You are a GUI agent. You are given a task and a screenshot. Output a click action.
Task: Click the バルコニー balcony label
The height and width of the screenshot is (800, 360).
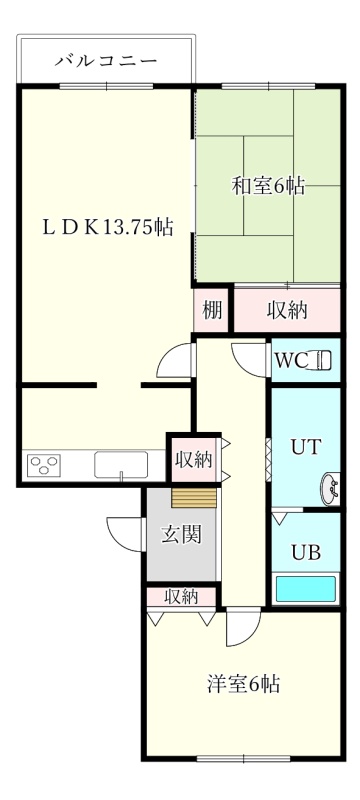[x=106, y=62]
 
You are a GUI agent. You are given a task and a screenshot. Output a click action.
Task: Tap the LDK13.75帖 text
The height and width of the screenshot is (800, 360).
[x=107, y=227]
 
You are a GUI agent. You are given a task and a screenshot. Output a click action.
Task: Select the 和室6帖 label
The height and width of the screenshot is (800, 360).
[x=269, y=186]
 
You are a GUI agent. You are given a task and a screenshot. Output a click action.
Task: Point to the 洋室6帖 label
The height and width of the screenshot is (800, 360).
[x=244, y=684]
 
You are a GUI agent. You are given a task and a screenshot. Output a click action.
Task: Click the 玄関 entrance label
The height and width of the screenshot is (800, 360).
[x=182, y=535]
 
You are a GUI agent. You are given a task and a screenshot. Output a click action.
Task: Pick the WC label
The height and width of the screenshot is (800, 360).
[x=291, y=360]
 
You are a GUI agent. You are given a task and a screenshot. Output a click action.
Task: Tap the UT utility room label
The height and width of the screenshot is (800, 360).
[x=306, y=447]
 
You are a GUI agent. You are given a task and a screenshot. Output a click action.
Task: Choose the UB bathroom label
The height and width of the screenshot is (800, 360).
[x=306, y=552]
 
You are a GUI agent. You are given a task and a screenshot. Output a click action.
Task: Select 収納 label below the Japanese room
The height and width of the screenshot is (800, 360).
[x=288, y=310]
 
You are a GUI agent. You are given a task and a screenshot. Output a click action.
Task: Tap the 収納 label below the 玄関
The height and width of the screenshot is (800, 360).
[x=181, y=596]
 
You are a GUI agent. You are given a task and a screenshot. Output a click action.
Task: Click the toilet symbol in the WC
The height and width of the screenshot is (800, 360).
[x=320, y=360]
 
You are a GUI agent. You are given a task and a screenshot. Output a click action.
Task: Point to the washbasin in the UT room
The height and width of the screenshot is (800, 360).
[x=330, y=489]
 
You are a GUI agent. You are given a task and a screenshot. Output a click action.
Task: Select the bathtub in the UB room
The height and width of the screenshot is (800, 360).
[x=306, y=589]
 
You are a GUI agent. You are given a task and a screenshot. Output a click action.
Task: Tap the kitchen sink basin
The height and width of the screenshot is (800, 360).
[x=121, y=465]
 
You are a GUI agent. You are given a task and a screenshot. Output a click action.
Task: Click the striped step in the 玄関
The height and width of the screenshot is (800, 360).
[x=194, y=497]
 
